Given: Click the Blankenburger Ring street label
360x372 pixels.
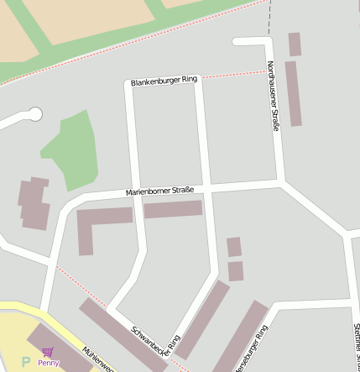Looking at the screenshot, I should click(x=164, y=81).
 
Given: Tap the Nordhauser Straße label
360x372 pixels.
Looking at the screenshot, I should click(x=274, y=97).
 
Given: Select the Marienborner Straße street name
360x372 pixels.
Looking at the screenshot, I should click(x=159, y=191).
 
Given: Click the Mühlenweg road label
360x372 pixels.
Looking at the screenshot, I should click(x=97, y=359).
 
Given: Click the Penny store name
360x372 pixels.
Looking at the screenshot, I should click(x=49, y=364).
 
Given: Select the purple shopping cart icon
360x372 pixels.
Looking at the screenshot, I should click(x=47, y=353).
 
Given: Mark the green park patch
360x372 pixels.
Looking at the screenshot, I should click(x=70, y=151).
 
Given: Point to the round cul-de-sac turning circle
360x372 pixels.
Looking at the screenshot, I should click(x=34, y=113).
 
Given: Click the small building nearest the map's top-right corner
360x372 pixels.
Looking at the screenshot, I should click(x=295, y=45).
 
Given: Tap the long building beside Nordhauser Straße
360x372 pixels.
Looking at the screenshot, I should click(x=293, y=93).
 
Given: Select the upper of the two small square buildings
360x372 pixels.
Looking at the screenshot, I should click(x=234, y=247).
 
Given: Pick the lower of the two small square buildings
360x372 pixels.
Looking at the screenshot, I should click(x=236, y=271).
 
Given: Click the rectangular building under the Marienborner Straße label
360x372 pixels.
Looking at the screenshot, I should click(x=173, y=209).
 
